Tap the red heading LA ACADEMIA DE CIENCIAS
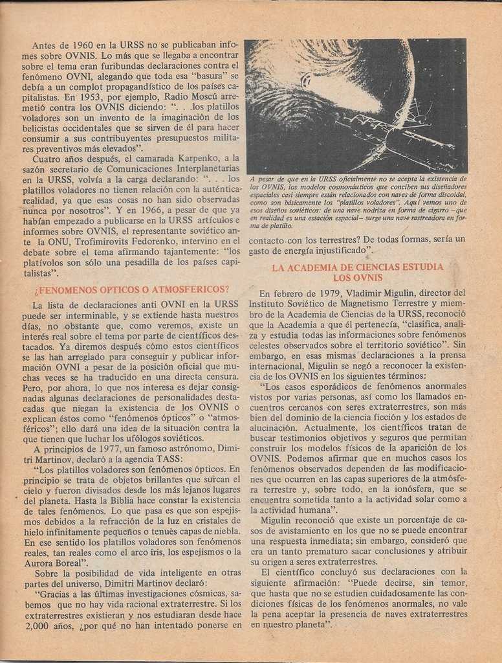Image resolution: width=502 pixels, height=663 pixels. click(358, 272)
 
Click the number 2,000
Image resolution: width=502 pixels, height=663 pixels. click(39, 625)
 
